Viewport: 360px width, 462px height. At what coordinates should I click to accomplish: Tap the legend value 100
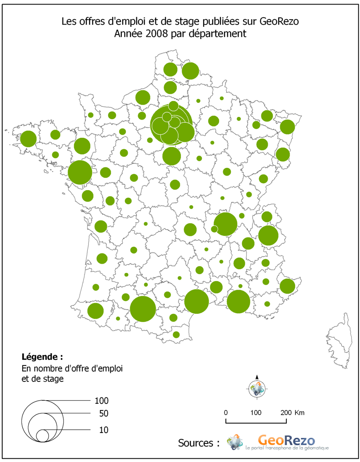pos(102,401)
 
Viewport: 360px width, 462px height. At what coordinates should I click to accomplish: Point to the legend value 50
pos(104,414)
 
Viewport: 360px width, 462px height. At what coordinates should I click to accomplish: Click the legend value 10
pos(104,430)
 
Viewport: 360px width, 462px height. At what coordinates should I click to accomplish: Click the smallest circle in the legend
pos(42,436)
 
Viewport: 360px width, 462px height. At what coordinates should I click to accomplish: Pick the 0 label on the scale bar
pos(226,412)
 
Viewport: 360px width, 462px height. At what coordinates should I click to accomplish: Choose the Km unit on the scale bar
pos(300,412)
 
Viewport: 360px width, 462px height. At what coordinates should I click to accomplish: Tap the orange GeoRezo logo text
pos(285,439)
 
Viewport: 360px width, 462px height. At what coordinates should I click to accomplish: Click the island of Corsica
pos(338,339)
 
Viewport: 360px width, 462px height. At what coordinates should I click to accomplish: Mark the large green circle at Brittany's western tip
pos(28,139)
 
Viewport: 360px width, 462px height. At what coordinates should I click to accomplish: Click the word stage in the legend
pos(51,377)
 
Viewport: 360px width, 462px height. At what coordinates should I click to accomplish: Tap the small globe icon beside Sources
pos(235,442)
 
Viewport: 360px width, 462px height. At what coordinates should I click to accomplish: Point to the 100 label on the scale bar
pos(256,412)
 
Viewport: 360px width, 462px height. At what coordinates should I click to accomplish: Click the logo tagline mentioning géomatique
pos(286,449)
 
